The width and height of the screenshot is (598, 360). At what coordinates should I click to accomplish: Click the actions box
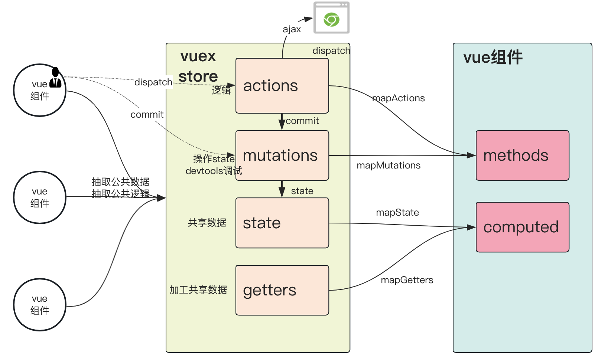pos(282,86)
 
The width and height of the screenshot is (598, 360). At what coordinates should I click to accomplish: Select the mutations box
pos(282,156)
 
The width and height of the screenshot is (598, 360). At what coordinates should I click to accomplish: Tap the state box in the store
pos(282,223)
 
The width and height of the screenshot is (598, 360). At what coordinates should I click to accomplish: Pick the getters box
pos(282,290)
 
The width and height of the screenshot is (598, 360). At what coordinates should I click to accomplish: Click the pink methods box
pos(522,156)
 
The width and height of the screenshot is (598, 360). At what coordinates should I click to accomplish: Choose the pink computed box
pos(522,227)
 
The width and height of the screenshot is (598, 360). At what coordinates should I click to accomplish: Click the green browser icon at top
pos(331,19)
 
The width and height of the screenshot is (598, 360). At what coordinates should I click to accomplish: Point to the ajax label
pos(292,29)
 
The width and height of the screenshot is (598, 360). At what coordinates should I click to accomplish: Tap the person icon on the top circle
pos(55,78)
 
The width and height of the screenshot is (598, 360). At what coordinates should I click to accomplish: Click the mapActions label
pos(399,98)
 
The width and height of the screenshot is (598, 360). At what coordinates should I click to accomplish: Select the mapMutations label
pos(389,166)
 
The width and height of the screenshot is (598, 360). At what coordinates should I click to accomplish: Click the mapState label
pos(397,213)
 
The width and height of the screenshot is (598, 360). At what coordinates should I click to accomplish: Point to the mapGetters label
pos(407,280)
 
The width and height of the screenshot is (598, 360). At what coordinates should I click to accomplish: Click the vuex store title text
pos(198,66)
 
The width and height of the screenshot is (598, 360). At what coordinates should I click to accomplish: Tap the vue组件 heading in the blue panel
pos(493,58)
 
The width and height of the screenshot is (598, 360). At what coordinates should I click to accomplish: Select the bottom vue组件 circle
pos(40,305)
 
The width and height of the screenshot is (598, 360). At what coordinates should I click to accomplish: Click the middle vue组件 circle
pos(40,197)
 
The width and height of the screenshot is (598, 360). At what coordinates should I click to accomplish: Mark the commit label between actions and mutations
pos(302,121)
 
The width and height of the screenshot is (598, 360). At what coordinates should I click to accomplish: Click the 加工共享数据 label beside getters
pos(198,290)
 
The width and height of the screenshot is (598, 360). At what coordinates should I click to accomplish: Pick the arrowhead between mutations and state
pos(282,192)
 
